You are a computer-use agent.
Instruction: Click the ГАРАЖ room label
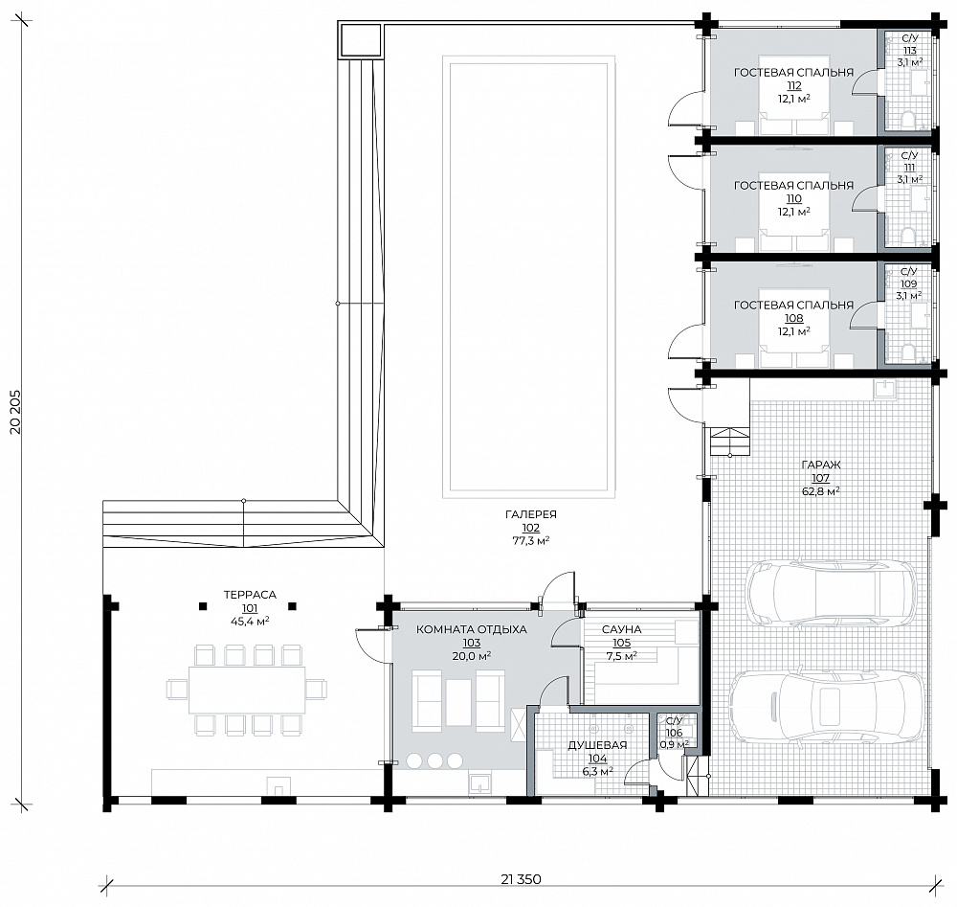(821, 465)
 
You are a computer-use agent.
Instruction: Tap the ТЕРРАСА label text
(250, 595)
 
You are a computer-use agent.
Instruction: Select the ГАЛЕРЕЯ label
(531, 515)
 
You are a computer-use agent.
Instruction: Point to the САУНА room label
(621, 629)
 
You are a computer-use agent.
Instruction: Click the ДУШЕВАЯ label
(597, 745)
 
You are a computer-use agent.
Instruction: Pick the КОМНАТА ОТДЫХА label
(471, 629)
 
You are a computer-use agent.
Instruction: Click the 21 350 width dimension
(522, 879)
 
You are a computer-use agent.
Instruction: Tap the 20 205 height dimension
(15, 411)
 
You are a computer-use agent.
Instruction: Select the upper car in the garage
(832, 592)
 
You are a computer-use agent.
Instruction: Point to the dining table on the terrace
(247, 691)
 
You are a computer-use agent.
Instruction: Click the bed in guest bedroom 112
(794, 114)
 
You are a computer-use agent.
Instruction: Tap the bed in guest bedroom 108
(794, 347)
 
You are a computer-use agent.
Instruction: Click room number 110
(794, 198)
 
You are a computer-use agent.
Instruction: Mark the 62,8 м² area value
(821, 491)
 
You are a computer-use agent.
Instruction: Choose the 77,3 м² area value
(531, 540)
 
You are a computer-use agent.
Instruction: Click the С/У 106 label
(674, 728)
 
